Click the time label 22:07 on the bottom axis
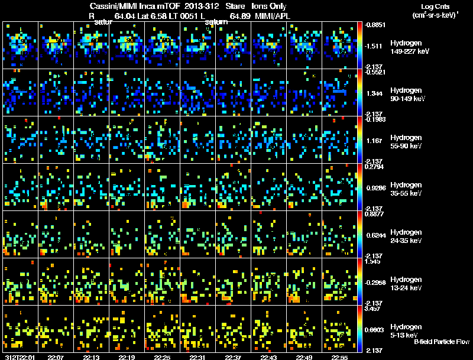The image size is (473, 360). pyautogui.click(x=56, y=357)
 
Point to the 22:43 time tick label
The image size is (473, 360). pyautogui.click(x=268, y=357)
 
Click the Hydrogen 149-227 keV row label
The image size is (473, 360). pyautogui.click(x=409, y=48)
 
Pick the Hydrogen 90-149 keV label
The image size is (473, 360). pyautogui.click(x=409, y=95)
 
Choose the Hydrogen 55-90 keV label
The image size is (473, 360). pyautogui.click(x=407, y=141)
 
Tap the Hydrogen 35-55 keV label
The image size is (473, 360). pyautogui.click(x=407, y=189)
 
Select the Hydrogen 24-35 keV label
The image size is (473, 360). pyautogui.click(x=407, y=236)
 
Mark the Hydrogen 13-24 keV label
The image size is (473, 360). pyautogui.click(x=407, y=283)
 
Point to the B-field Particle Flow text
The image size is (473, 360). pyautogui.click(x=442, y=342)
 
